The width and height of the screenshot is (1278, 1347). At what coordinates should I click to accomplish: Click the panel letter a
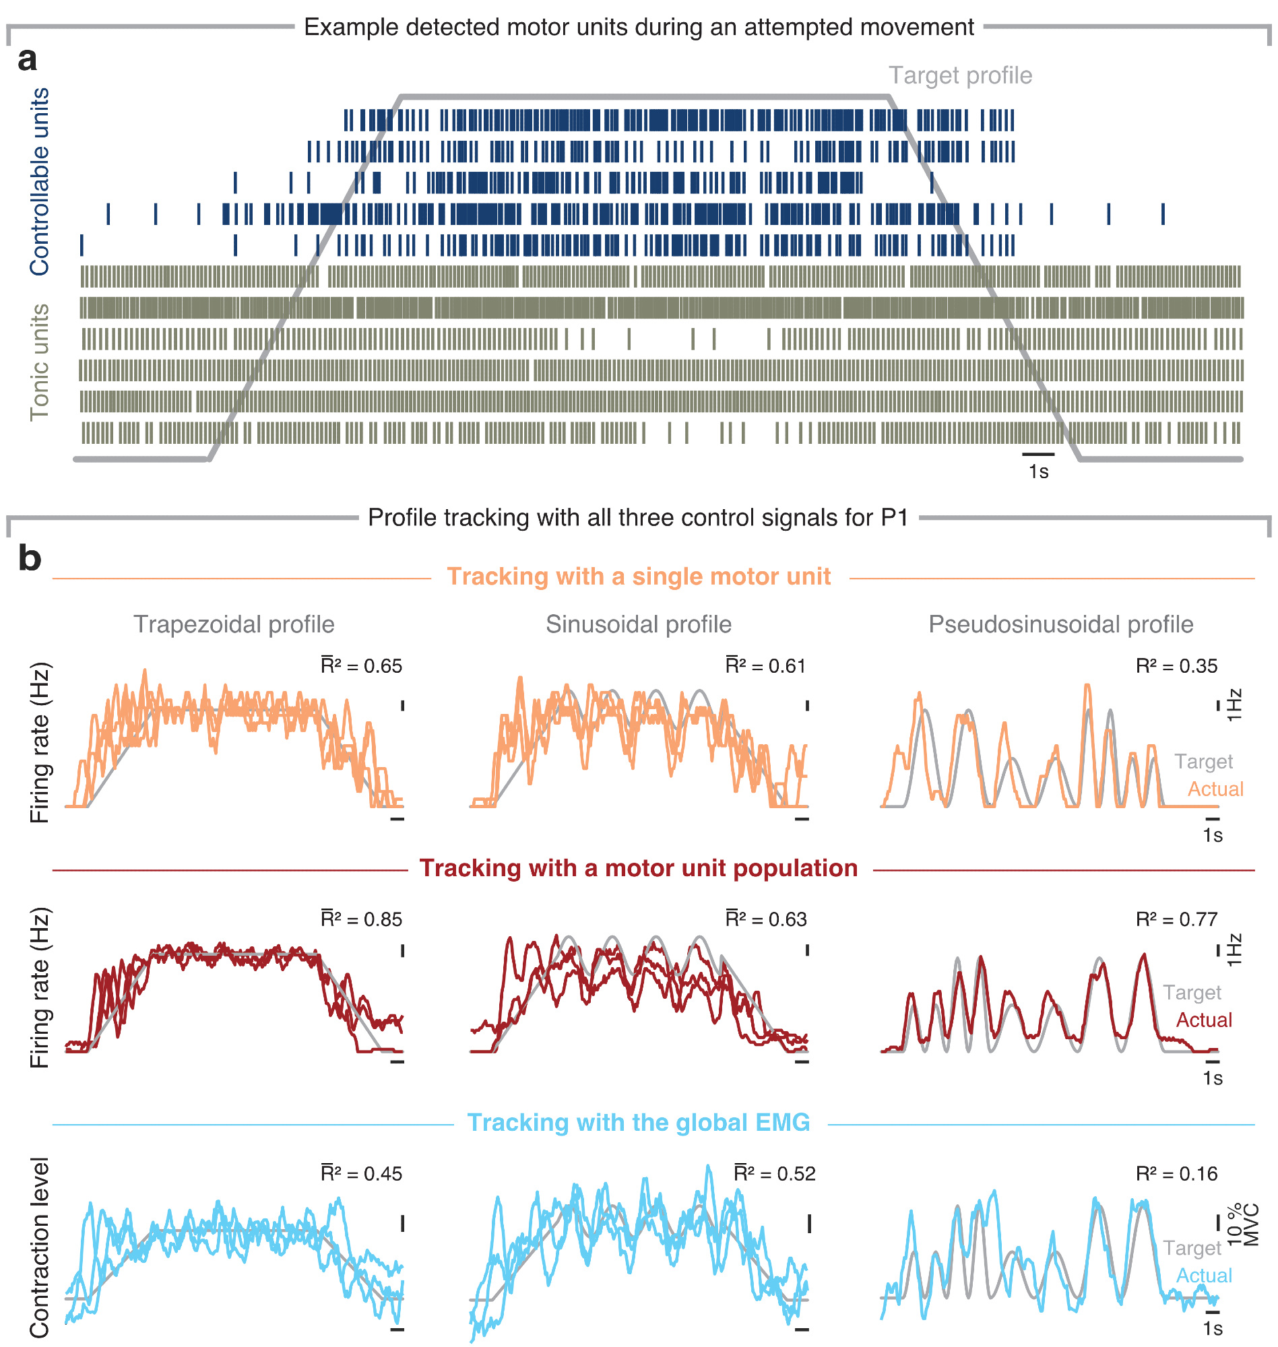pos(27,60)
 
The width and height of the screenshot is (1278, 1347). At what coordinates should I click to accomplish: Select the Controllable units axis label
pos(40,182)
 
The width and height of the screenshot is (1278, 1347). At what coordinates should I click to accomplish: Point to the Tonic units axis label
pos(40,363)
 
